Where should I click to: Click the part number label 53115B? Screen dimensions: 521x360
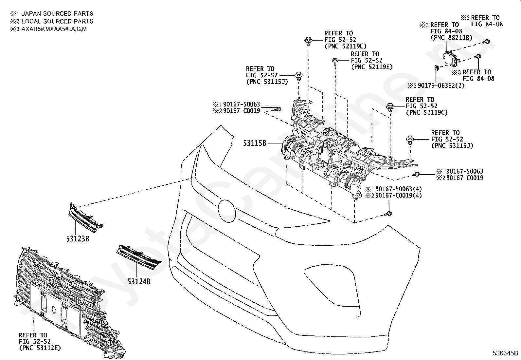pyautogui.click(x=255, y=143)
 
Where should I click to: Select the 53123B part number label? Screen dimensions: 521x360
pyautogui.click(x=78, y=239)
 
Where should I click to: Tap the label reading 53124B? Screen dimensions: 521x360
pyautogui.click(x=139, y=282)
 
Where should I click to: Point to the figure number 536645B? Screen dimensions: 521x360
pyautogui.click(x=505, y=353)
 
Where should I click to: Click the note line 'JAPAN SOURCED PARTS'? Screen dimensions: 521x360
pyautogui.click(x=57, y=13)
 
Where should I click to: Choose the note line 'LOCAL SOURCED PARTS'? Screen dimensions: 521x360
pyautogui.click(x=57, y=21)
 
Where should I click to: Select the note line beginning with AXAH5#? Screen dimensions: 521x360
pyautogui.click(x=54, y=29)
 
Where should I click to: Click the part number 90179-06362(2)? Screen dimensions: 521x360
pyautogui.click(x=441, y=85)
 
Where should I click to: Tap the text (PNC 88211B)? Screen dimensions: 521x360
pyautogui.click(x=451, y=37)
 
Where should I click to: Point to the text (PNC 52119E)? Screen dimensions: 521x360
pyautogui.click(x=372, y=67)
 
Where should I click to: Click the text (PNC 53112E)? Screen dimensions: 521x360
pyautogui.click(x=40, y=348)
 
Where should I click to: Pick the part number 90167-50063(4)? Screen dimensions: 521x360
pyautogui.click(x=398, y=189)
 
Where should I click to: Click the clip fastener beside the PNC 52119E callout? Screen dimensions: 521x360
pyautogui.click(x=335, y=61)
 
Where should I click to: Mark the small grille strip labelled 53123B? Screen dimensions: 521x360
pyautogui.click(x=86, y=218)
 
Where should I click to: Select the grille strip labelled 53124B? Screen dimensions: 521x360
pyautogui.click(x=139, y=257)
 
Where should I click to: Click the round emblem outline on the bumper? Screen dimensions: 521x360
pyautogui.click(x=227, y=211)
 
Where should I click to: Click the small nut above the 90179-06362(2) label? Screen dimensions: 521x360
pyautogui.click(x=437, y=68)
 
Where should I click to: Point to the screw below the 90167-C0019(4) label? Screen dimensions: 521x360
pyautogui.click(x=388, y=213)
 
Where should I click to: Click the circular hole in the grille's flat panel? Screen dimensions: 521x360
pyautogui.click(x=54, y=310)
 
